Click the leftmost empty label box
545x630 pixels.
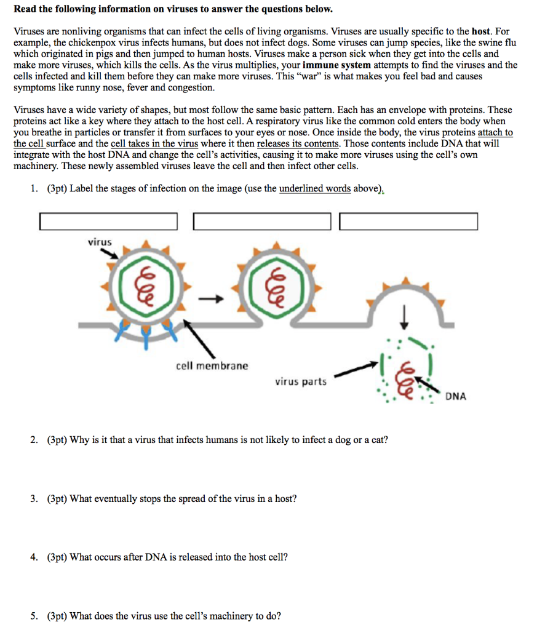(x=108, y=221)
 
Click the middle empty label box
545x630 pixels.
(x=261, y=221)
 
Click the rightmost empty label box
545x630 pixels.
(x=408, y=221)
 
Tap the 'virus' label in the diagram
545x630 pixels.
(x=100, y=242)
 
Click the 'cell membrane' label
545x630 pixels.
(x=212, y=366)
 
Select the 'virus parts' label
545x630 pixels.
(x=300, y=381)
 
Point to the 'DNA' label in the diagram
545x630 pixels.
(x=455, y=396)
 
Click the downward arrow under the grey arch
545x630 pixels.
(x=405, y=318)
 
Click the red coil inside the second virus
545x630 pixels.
(x=274, y=286)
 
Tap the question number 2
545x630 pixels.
(x=34, y=440)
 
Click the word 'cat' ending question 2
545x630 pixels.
(x=378, y=440)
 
